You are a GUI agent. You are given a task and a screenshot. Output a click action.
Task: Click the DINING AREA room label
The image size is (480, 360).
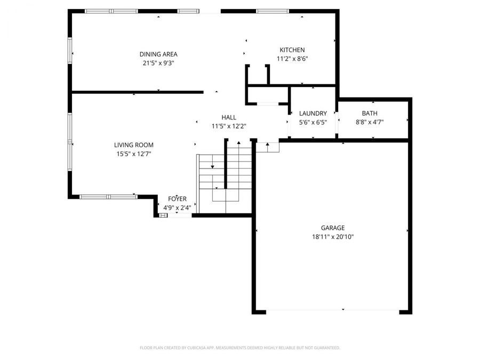click(158, 54)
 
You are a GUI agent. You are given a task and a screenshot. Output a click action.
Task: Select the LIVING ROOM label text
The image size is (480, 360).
click(133, 145)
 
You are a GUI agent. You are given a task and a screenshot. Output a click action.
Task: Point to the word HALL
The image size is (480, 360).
click(229, 117)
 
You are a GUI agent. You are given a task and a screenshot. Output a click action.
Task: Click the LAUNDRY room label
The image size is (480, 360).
click(313, 113)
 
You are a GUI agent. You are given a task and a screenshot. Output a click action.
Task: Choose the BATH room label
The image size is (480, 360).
click(370, 113)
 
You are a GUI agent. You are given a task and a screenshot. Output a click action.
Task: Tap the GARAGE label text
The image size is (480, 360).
click(333, 228)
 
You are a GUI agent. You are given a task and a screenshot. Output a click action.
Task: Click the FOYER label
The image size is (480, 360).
click(177, 199)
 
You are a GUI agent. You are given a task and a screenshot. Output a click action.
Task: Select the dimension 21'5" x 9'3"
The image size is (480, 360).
click(158, 63)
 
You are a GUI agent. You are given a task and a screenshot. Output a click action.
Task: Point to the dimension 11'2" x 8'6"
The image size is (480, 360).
click(292, 59)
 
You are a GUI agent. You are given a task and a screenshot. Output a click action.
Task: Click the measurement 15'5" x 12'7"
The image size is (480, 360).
click(134, 154)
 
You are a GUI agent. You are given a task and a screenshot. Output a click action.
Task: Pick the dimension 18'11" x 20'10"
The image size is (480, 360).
click(333, 237)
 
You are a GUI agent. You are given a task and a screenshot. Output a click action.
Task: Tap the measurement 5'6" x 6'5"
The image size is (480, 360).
click(313, 122)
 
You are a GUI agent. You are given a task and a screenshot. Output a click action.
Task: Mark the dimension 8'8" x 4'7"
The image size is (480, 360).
click(370, 122)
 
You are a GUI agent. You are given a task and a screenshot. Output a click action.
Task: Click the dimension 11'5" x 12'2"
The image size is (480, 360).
click(229, 126)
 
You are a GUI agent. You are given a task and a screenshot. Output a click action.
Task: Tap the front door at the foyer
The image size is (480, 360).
click(180, 215)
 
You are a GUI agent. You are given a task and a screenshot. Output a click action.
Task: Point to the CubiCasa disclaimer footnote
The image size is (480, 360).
click(239, 348)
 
